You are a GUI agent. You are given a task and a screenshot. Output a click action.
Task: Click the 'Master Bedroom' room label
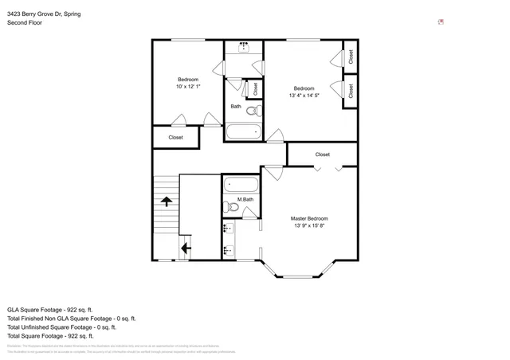point(308,218)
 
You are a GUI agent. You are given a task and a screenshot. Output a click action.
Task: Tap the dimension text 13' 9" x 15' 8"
point(308,225)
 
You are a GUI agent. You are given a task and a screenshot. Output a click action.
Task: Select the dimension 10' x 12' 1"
point(188,86)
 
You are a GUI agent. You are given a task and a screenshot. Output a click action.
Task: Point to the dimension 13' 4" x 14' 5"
point(304,95)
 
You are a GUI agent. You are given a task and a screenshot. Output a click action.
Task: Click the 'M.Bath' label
point(245,199)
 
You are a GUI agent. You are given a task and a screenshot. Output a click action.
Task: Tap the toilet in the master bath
point(232,208)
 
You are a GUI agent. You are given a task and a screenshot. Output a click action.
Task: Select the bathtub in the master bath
point(240,184)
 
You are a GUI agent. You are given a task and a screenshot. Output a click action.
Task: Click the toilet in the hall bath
point(253,111)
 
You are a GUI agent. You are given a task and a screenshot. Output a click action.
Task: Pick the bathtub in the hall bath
point(242,131)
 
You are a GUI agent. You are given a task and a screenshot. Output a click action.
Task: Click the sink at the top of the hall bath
point(244,48)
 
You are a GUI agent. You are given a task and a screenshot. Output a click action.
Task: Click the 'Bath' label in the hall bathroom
point(236,106)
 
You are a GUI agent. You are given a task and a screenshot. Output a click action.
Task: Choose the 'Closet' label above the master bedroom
point(322,155)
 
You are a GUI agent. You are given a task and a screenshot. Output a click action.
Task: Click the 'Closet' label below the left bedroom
point(175,137)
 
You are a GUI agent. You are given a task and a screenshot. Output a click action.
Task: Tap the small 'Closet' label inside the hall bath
point(255,88)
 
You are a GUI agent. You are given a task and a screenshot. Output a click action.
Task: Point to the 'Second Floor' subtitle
point(25,23)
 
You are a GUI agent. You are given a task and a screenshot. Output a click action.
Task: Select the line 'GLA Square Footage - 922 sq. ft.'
point(50,309)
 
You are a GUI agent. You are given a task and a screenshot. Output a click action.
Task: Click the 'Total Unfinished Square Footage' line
point(61,327)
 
